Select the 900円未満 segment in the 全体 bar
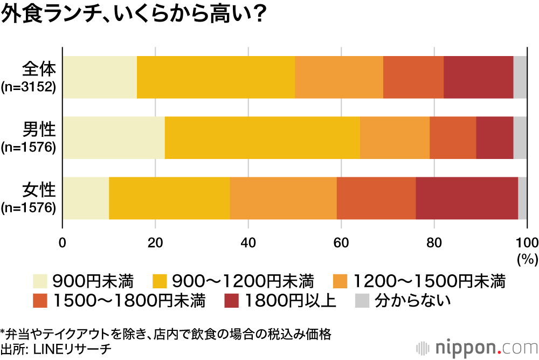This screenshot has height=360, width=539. pos(100,77)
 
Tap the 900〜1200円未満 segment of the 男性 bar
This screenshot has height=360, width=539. pos(262,137)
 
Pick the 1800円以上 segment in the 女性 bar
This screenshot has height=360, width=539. pos(467,198)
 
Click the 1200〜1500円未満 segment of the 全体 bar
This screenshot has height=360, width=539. pos(339,77)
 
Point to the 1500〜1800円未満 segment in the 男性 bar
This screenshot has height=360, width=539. pos(453,137)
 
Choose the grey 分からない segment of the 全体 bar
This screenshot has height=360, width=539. pos(520,77)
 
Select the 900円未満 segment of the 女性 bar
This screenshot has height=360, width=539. pos(86,198)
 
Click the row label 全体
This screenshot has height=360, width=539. pos(39,70)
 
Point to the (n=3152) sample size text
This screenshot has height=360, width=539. pos(29,87)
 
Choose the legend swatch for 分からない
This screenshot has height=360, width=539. pos(362,300)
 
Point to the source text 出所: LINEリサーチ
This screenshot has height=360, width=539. pos(57,349)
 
